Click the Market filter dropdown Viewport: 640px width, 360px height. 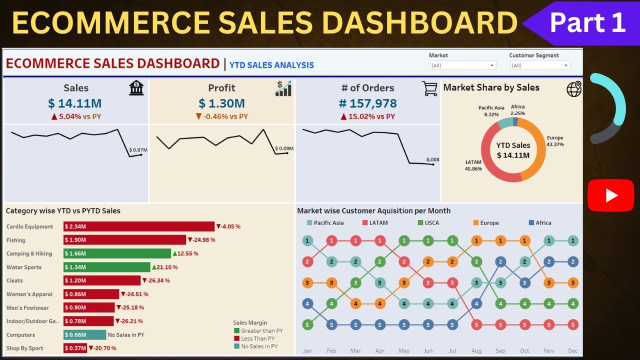(x=462, y=65)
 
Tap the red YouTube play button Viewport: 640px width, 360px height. (x=610, y=195)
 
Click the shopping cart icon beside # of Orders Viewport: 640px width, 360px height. (x=429, y=88)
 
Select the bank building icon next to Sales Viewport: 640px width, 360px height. (x=136, y=88)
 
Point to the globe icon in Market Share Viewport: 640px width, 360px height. (x=574, y=88)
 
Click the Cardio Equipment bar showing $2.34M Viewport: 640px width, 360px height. (x=138, y=226)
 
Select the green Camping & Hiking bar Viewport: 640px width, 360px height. (x=117, y=253)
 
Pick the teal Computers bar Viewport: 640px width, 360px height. (x=84, y=334)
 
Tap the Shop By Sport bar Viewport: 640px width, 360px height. (x=75, y=348)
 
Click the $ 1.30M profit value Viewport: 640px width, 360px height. (x=221, y=103)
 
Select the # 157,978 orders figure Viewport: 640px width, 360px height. (x=367, y=103)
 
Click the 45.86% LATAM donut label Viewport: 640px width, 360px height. (x=473, y=165)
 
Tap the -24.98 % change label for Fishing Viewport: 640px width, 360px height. (x=201, y=240)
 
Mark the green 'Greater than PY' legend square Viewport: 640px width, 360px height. (x=237, y=331)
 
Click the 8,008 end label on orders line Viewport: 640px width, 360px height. (x=432, y=160)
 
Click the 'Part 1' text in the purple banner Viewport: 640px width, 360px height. (x=587, y=22)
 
